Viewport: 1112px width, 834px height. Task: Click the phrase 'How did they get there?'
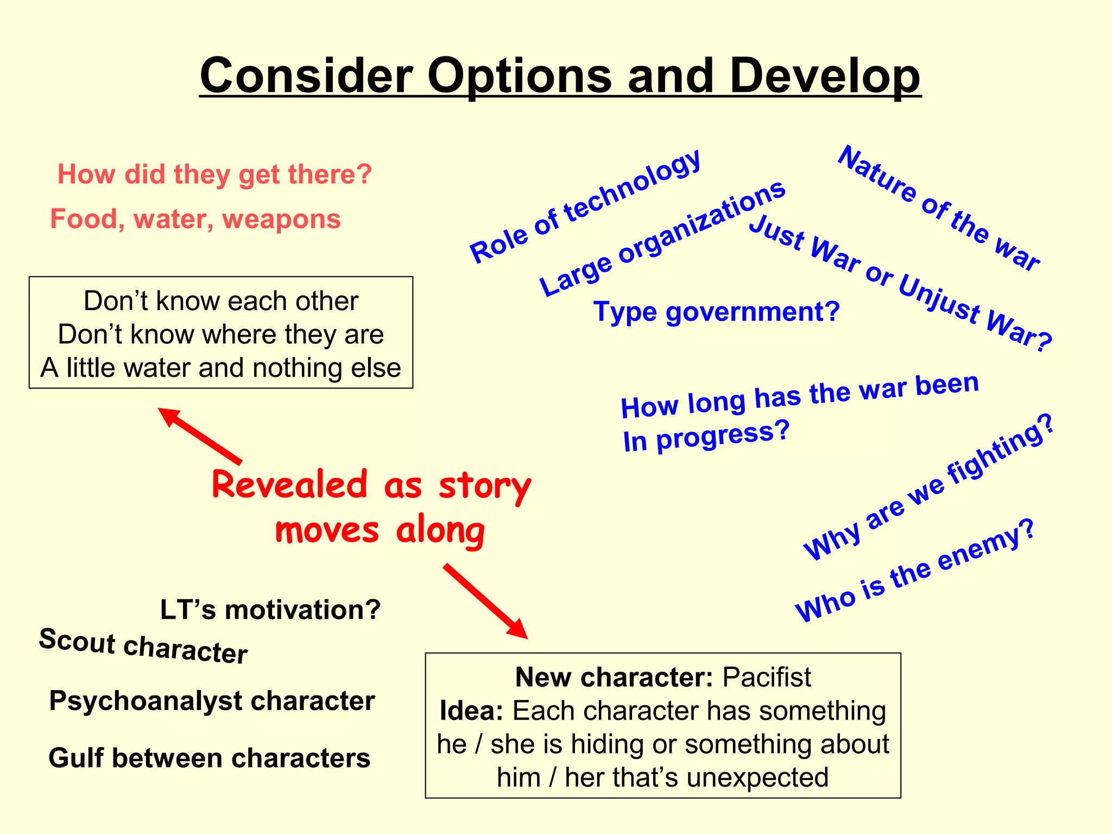click(215, 175)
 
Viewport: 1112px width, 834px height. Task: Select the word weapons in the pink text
click(281, 219)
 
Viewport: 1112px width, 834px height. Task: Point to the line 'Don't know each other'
click(221, 301)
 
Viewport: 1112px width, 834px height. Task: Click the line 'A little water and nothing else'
click(221, 368)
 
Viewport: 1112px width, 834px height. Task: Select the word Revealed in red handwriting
click(289, 485)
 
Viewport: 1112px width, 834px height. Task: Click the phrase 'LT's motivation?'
click(270, 610)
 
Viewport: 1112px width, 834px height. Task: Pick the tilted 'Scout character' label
click(143, 646)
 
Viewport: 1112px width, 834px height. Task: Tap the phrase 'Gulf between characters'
click(209, 758)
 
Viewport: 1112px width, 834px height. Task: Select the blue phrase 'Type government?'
click(716, 312)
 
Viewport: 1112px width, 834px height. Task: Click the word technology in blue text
click(633, 187)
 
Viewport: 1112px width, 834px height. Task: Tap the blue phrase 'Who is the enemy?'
click(915, 571)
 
